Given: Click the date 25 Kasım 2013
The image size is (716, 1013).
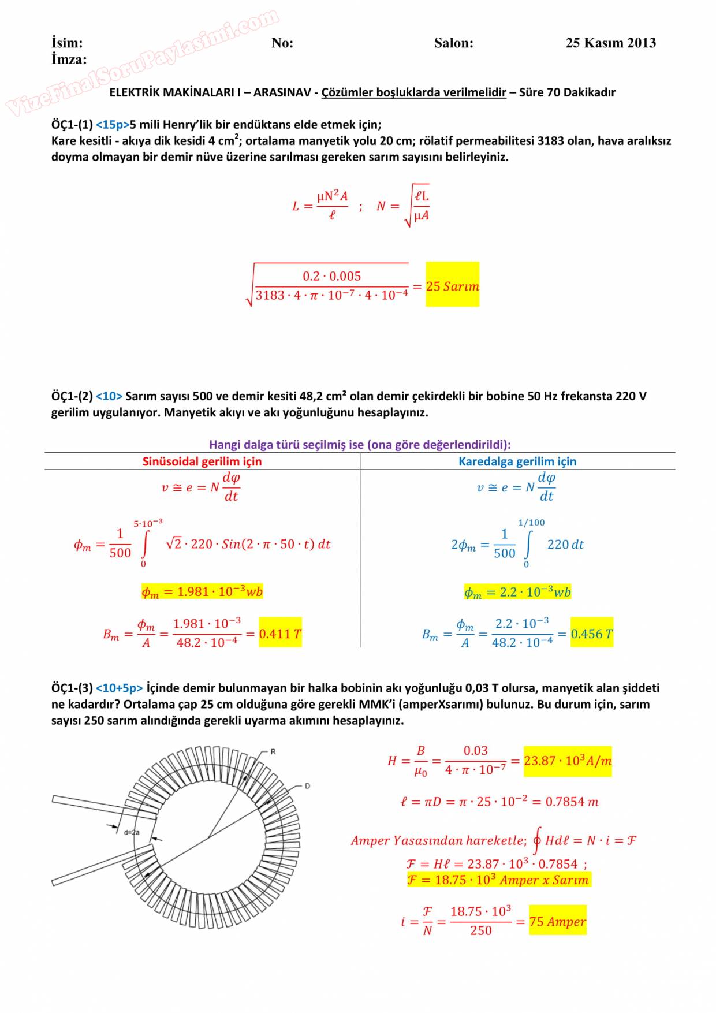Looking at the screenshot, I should pyautogui.click(x=610, y=43).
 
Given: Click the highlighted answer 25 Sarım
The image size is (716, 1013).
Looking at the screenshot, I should pyautogui.click(x=452, y=286).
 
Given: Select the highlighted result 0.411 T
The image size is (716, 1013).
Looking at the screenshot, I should pyautogui.click(x=280, y=634).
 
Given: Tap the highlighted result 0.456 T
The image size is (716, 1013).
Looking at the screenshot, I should pyautogui.click(x=592, y=634).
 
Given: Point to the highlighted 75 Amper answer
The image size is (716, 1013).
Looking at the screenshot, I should pyautogui.click(x=557, y=921).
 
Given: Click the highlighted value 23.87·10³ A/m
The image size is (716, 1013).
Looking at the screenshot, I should pyautogui.click(x=568, y=761).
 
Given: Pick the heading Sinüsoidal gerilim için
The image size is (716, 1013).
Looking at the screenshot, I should pyautogui.click(x=202, y=461).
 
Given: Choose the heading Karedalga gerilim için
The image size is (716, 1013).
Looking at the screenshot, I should pyautogui.click(x=517, y=461).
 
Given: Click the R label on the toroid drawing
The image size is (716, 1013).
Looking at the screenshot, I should pyautogui.click(x=273, y=752).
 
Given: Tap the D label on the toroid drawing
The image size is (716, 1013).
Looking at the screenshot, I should pyautogui.click(x=307, y=786).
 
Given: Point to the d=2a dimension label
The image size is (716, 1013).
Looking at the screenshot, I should pyautogui.click(x=132, y=832).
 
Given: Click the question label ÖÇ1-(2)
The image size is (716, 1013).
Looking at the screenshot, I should pyautogui.click(x=72, y=396).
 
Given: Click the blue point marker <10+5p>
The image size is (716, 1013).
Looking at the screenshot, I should pyautogui.click(x=119, y=688).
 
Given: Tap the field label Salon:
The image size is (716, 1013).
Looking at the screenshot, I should pyautogui.click(x=453, y=43).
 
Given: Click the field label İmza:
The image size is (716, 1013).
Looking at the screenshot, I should pyautogui.click(x=69, y=59).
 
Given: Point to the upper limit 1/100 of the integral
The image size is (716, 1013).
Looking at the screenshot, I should pyautogui.click(x=531, y=523).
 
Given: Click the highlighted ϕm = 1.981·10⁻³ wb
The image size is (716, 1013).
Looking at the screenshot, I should pyautogui.click(x=202, y=591).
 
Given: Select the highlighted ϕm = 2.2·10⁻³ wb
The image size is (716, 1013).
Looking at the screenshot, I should pyautogui.click(x=517, y=592).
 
